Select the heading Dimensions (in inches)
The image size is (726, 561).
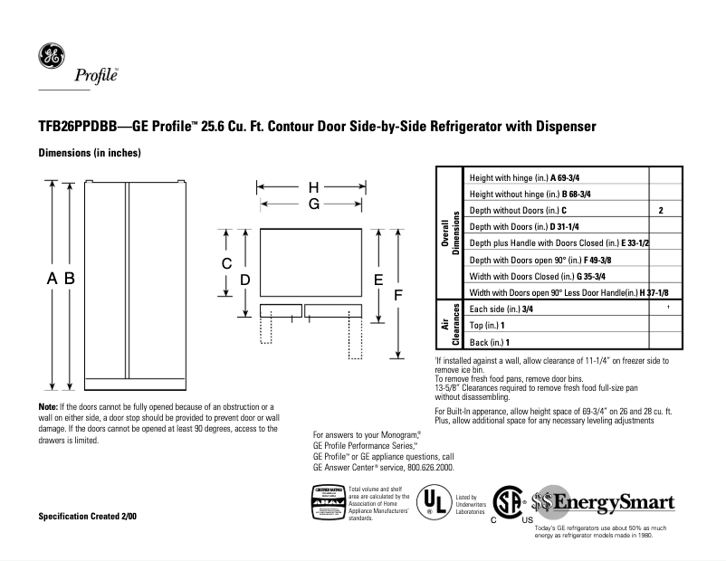click(89, 153)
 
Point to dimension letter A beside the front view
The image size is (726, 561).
click(53, 280)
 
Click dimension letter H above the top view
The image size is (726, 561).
click(313, 187)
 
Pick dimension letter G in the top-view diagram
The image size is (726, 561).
click(313, 204)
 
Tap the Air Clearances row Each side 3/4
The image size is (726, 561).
click(501, 309)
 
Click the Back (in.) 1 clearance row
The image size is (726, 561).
click(491, 341)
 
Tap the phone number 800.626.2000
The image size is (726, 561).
click(425, 467)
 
